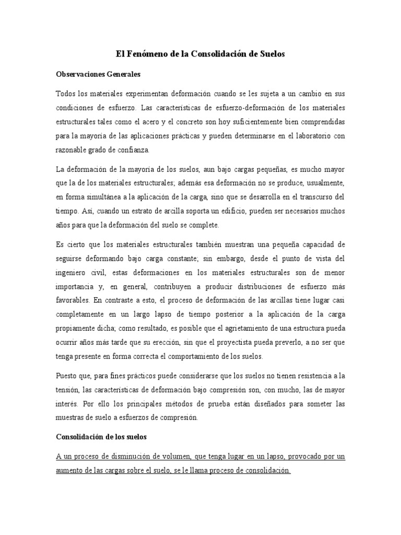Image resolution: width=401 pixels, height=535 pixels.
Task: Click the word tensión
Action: [69, 390]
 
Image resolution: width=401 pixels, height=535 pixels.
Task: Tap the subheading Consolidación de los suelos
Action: [101, 437]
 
